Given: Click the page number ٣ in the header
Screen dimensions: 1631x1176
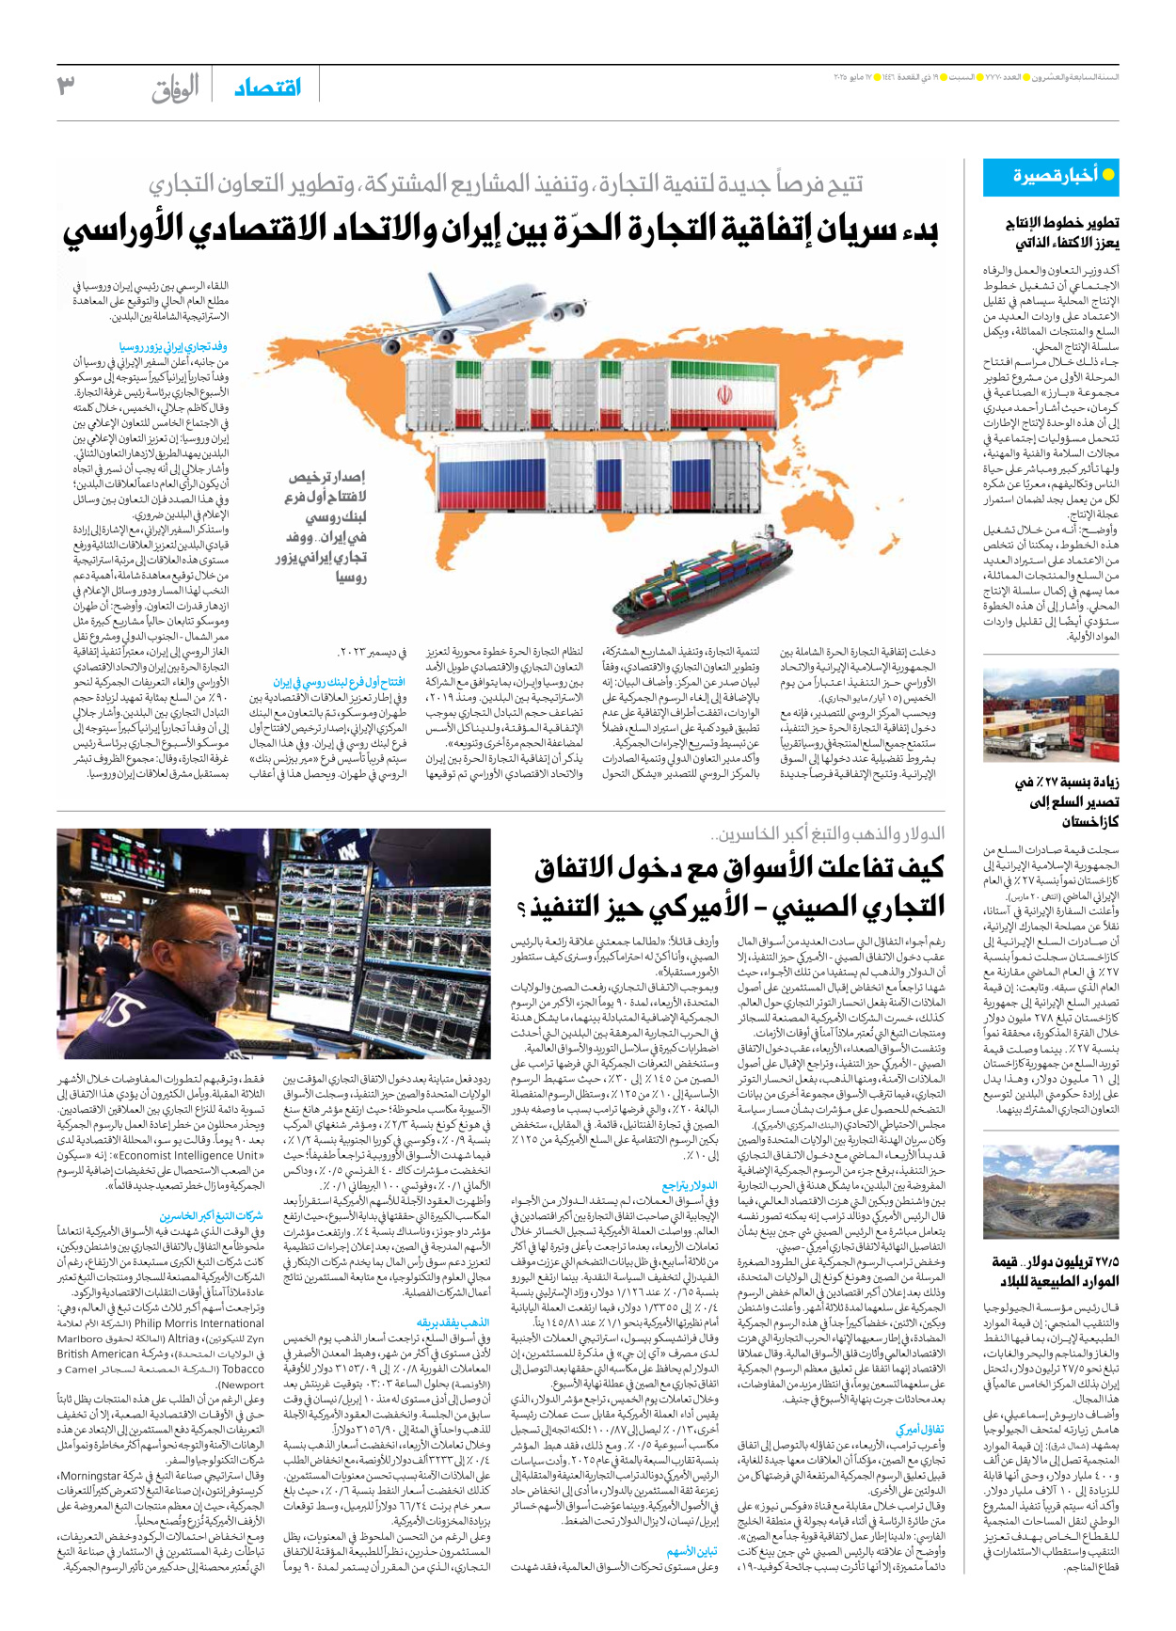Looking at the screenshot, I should [65, 87].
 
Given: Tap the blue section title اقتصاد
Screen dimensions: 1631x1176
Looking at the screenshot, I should [267, 87].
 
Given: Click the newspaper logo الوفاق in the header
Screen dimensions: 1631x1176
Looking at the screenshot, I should [175, 88].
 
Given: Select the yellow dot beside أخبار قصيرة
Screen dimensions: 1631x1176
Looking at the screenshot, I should [1107, 175].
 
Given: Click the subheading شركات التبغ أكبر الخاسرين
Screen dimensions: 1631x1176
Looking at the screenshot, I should [211, 1216].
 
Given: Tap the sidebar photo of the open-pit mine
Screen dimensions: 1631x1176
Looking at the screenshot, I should [1050, 1193].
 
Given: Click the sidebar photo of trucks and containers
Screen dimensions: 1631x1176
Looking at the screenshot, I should [1050, 715].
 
